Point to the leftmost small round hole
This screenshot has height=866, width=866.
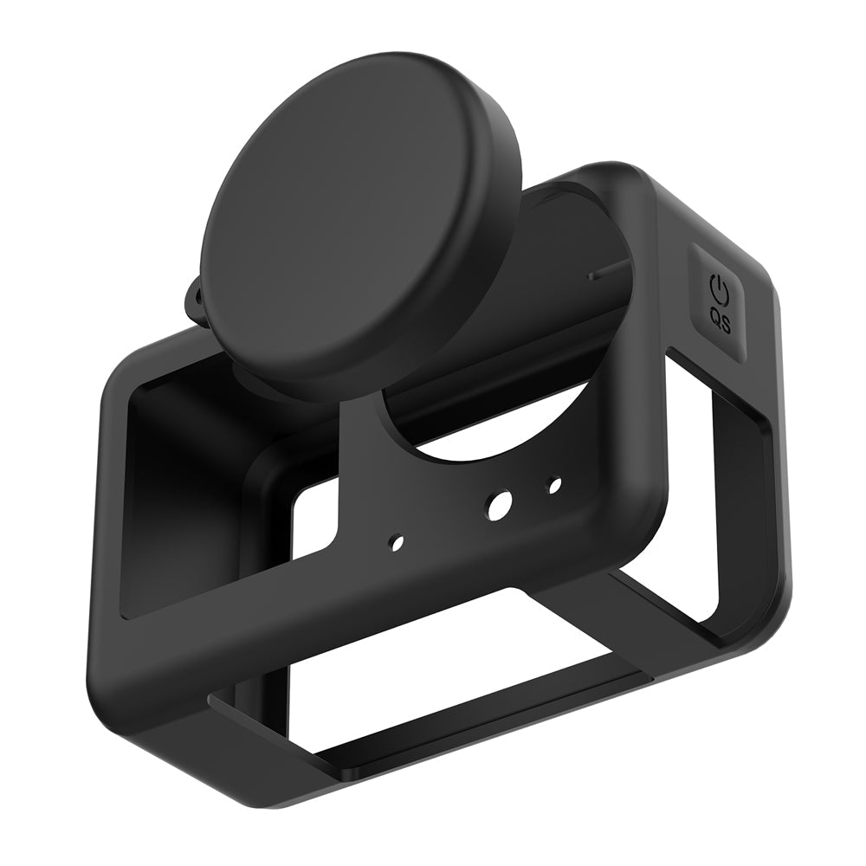[396, 542]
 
